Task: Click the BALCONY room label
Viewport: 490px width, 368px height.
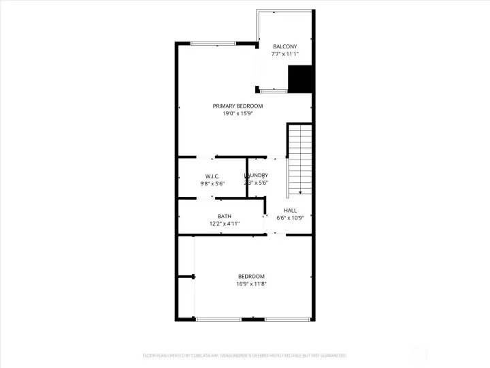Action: [284, 46]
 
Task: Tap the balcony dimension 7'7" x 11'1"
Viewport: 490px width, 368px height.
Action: [284, 54]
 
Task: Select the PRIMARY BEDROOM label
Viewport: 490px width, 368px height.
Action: [238, 106]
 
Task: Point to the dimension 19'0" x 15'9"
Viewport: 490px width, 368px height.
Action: [238, 114]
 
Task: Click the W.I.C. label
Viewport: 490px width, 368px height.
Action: [212, 176]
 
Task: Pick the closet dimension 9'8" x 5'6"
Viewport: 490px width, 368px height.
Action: [212, 183]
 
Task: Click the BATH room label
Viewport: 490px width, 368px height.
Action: [225, 216]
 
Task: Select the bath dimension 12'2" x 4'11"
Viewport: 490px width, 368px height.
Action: [225, 224]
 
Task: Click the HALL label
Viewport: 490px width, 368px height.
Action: [290, 211]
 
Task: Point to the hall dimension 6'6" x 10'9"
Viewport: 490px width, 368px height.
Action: [290, 218]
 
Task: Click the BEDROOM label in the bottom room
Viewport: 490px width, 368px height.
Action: [251, 276]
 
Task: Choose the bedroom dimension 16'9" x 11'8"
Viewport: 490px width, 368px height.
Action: [251, 283]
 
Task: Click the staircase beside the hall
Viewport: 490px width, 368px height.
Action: [299, 157]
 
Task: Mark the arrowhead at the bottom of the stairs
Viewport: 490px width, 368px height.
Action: [300, 194]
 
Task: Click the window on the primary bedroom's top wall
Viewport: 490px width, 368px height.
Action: [214, 44]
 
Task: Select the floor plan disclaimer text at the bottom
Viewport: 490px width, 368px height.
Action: [244, 355]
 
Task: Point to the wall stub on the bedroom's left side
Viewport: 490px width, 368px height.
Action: [186, 277]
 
